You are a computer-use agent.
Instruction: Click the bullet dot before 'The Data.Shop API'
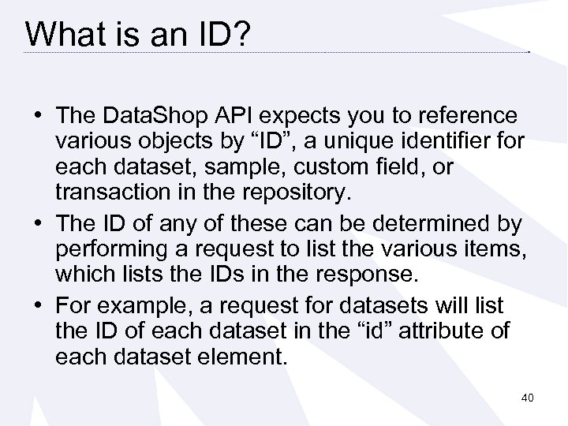click(x=37, y=117)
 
